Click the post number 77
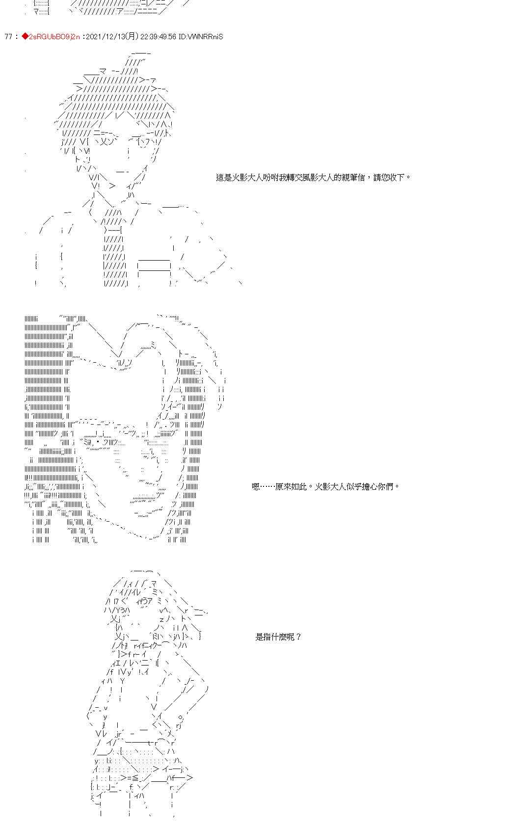point(8,37)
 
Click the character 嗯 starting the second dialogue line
point(256,487)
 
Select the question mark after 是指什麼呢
point(299,637)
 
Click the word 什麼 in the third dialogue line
point(280,637)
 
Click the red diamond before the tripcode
point(25,37)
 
